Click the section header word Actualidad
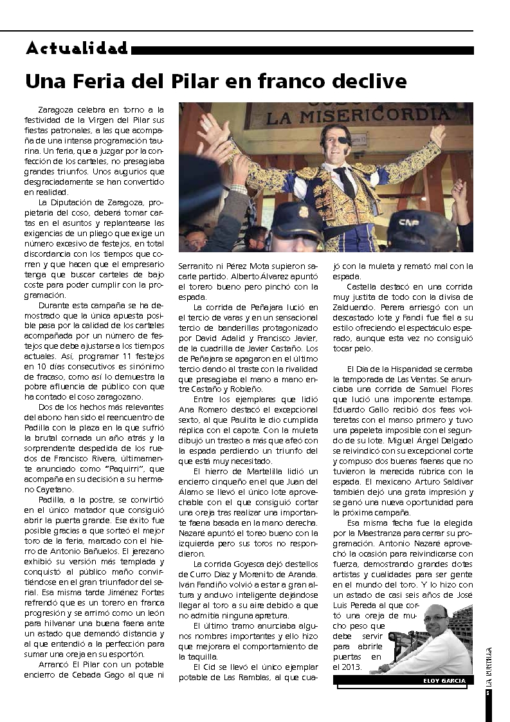coord(77,48)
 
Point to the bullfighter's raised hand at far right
coord(437,134)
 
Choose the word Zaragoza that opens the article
coord(57,110)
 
